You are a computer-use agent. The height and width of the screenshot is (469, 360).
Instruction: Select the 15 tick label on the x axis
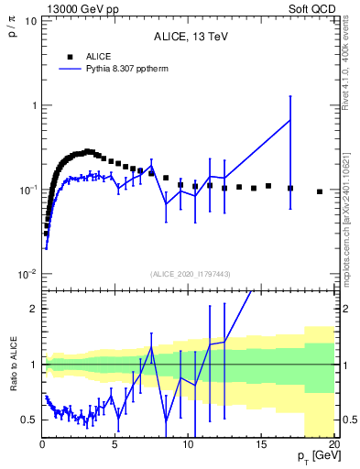[x=262, y=446]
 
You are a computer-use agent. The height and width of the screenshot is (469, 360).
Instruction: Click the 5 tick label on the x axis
[x=115, y=446]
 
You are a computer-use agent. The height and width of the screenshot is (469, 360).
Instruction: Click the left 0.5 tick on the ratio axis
[x=29, y=420]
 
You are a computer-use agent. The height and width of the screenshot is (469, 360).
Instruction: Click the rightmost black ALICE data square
[x=320, y=191]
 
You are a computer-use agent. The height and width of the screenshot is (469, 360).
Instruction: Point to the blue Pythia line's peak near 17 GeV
[x=290, y=120]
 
